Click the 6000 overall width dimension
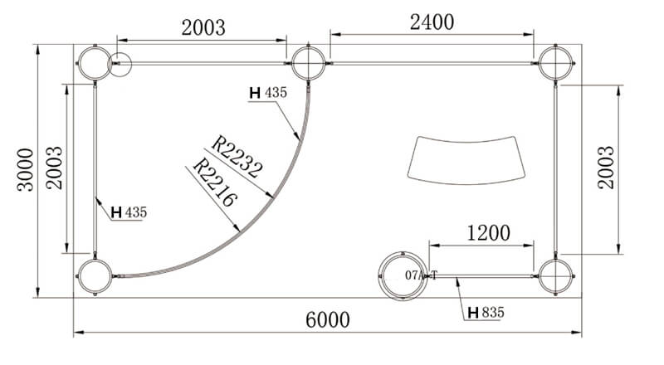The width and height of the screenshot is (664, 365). [328, 319]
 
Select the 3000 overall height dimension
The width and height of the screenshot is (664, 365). [26, 170]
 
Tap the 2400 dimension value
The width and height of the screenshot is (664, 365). [432, 22]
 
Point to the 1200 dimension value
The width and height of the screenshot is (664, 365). [488, 233]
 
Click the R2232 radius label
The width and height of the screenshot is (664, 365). [237, 156]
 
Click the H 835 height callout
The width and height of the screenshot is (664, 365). [486, 313]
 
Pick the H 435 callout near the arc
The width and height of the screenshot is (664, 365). [268, 92]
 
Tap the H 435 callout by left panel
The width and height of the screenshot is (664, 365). [129, 212]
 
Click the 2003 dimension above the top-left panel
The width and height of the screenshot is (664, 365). [203, 28]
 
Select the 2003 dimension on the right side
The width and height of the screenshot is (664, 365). [606, 168]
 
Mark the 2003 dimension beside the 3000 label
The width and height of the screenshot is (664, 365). [54, 168]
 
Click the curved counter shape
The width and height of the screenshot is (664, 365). [466, 160]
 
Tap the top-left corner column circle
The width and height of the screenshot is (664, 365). [95, 63]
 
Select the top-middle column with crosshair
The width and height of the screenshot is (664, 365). [308, 63]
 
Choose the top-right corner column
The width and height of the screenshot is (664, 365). [555, 63]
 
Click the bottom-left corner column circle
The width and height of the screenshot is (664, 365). [95, 276]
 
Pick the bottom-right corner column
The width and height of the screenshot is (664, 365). [555, 276]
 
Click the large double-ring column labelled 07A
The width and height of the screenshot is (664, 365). [403, 276]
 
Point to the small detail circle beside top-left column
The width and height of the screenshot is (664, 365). [120, 65]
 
